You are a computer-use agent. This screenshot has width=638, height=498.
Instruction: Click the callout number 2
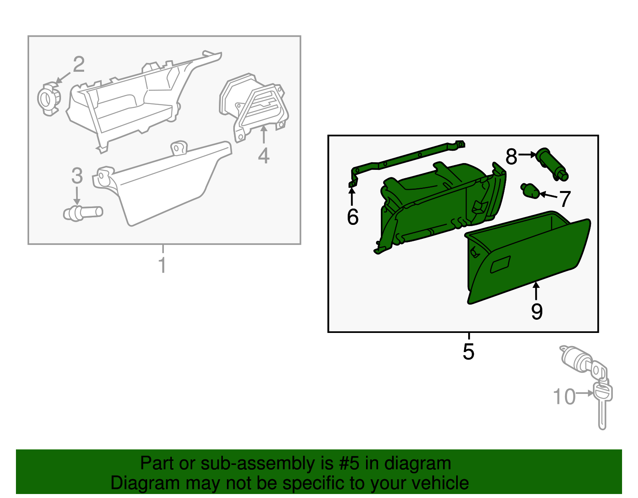79,64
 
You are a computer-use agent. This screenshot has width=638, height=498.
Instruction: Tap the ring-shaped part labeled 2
49,98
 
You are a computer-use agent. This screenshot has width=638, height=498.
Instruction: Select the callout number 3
77,176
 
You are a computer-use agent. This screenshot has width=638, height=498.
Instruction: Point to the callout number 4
264,156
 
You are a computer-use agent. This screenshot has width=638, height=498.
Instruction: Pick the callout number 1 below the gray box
162,266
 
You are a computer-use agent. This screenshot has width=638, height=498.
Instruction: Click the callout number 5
469,352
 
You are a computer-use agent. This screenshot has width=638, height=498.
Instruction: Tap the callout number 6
352,217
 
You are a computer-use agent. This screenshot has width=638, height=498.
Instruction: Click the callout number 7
565,199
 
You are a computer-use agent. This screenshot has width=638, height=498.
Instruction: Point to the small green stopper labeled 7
530,191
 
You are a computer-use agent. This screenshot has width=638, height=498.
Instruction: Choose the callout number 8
511,157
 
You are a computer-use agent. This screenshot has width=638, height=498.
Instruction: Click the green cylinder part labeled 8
553,164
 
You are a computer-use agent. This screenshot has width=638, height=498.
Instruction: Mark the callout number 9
537,311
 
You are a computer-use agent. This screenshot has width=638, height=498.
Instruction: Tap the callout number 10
564,397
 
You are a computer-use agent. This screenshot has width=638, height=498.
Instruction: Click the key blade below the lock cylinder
602,415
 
